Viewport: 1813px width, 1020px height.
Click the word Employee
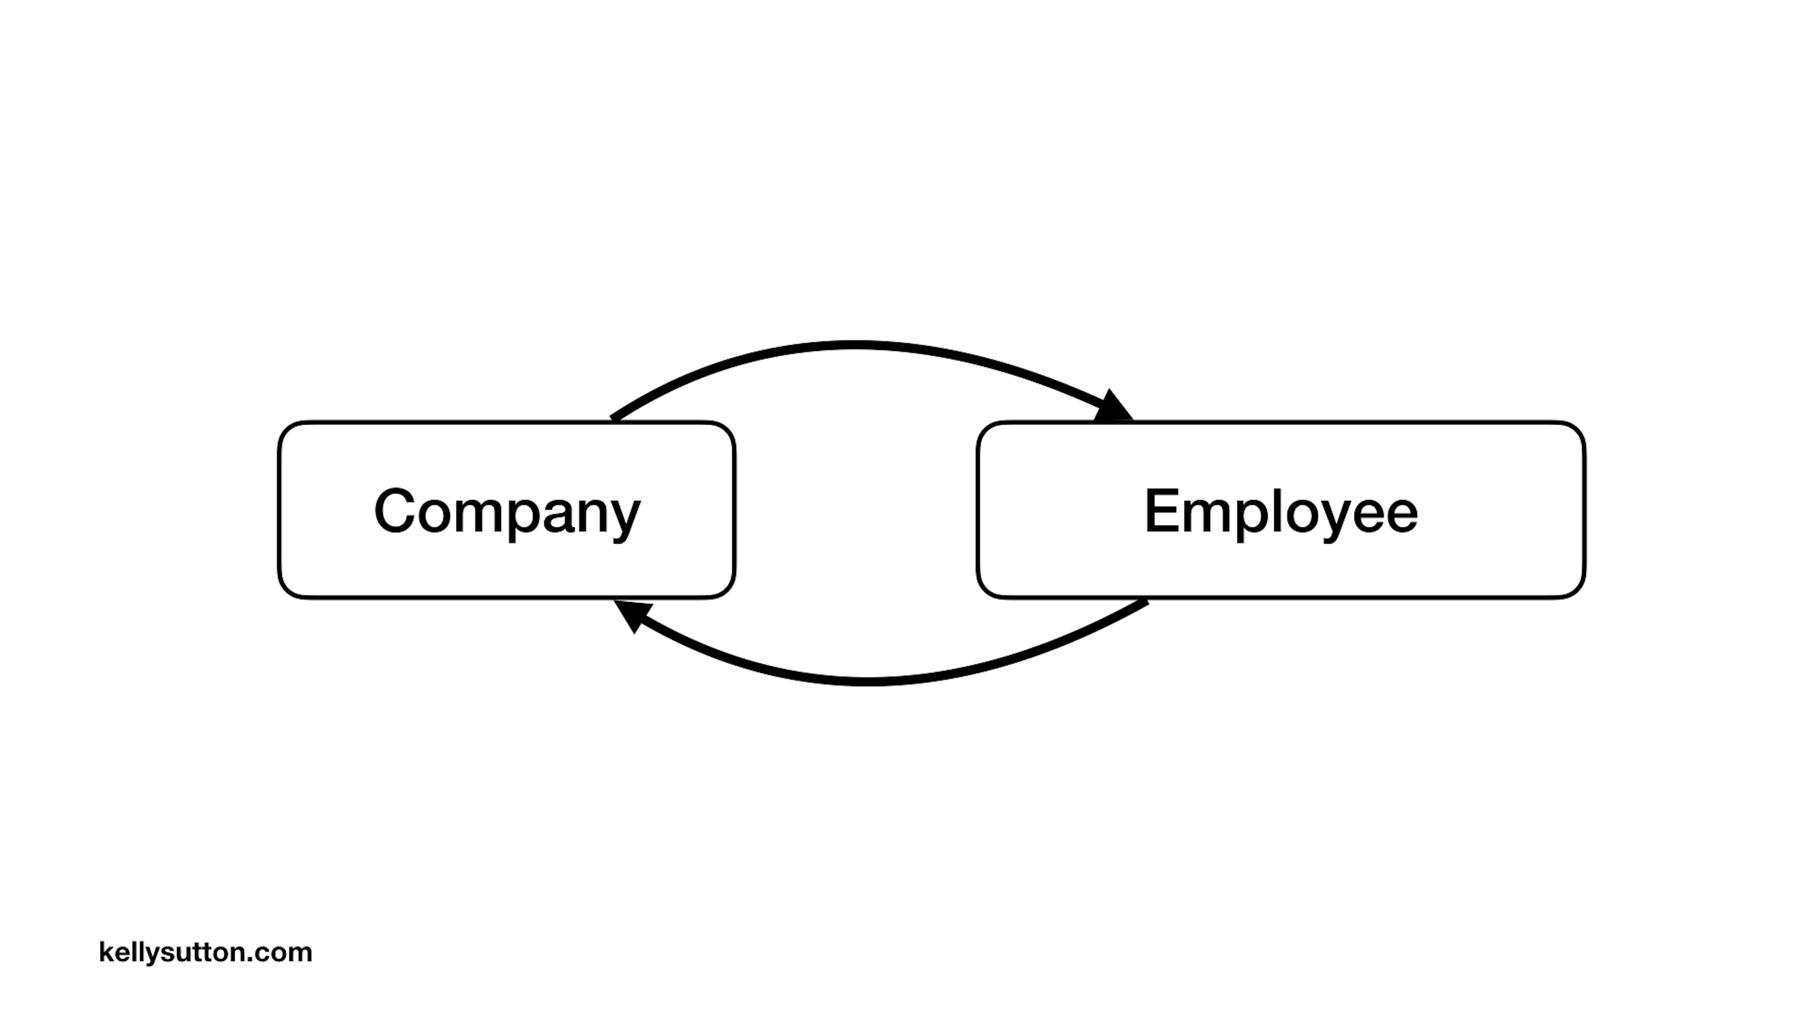click(x=1281, y=512)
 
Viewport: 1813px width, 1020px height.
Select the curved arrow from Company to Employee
click(x=855, y=345)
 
